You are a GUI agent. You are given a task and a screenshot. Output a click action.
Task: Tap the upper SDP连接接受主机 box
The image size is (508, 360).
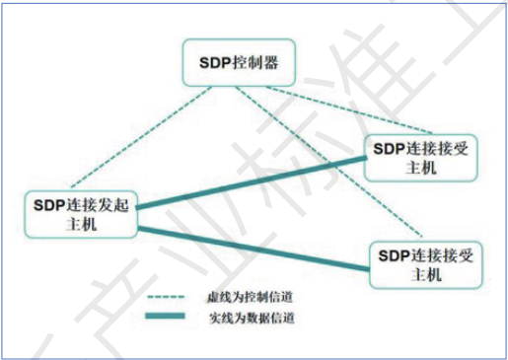421,156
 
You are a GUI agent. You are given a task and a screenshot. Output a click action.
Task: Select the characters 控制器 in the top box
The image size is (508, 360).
254,62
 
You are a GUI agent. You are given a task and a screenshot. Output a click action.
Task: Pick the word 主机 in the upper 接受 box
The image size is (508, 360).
421,167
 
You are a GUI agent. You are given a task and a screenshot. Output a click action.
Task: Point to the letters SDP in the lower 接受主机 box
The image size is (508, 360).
392,254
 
